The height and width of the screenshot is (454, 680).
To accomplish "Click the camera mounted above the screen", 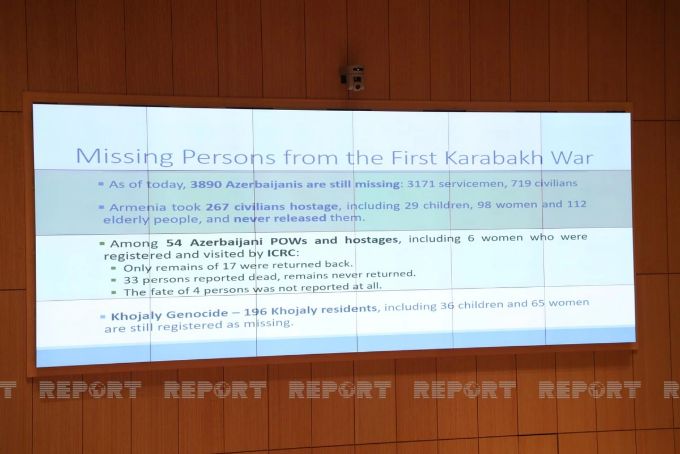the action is point(354,78).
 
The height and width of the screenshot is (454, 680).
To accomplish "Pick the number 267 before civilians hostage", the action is point(216,207).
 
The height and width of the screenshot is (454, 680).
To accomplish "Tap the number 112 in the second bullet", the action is point(576,204).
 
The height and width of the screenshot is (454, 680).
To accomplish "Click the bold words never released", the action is point(280,218).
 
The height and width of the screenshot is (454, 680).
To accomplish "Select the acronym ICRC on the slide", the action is point(282,253).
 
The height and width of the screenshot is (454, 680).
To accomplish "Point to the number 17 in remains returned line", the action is point(229,266).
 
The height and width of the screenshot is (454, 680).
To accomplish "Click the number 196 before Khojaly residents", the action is point(256,312).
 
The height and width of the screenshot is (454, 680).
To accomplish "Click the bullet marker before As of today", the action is point(101,184).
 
